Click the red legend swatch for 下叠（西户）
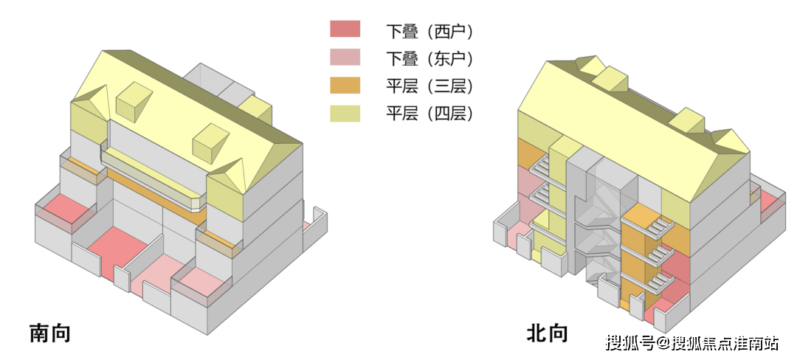pyautogui.click(x=345, y=29)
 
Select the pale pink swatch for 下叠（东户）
pyautogui.click(x=345, y=57)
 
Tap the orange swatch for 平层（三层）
pyautogui.click(x=345, y=85)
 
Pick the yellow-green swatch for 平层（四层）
pyautogui.click(x=345, y=113)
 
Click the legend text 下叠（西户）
pyautogui.click(x=429, y=31)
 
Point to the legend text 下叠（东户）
pyautogui.click(x=429, y=58)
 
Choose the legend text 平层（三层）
pyautogui.click(x=429, y=86)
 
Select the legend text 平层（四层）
pyautogui.click(x=429, y=114)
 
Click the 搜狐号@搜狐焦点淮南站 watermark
pyautogui.click(x=692, y=343)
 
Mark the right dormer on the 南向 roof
pyautogui.click(x=213, y=142)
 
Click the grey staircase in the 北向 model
pyautogui.click(x=598, y=221)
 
